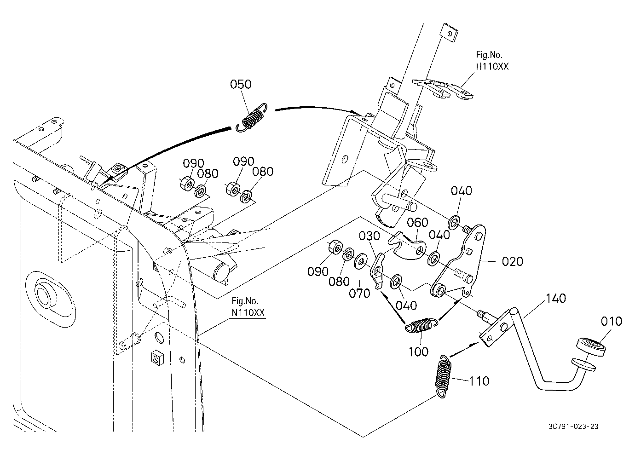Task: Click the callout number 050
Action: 240,84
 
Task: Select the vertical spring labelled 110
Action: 443,376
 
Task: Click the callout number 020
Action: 512,261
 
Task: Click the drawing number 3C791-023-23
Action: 573,426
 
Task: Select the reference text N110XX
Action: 248,312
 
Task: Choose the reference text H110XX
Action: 492,66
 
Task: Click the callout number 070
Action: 359,293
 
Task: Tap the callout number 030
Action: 369,236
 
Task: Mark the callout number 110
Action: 479,381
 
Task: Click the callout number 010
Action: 612,322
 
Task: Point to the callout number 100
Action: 418,352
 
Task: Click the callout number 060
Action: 417,223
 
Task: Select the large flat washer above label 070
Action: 360,261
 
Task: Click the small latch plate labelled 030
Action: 377,271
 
